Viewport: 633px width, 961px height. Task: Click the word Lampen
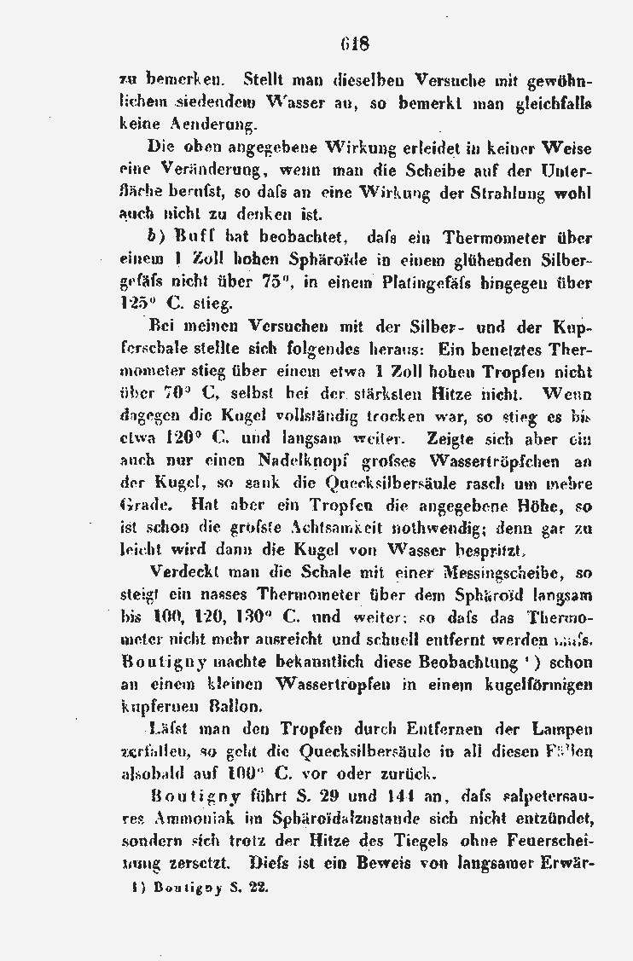tap(564, 730)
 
